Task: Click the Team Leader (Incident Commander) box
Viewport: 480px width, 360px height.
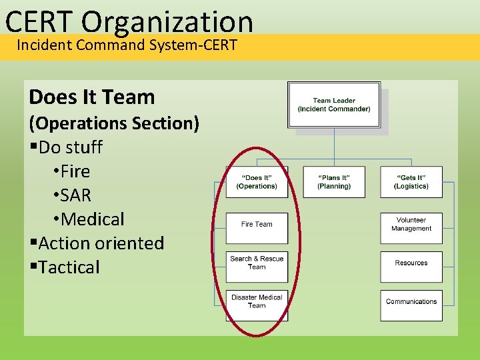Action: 334,105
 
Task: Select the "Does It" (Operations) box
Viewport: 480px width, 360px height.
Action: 257,182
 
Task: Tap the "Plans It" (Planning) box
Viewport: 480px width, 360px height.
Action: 334,182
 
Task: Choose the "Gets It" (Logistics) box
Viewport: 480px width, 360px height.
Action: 411,182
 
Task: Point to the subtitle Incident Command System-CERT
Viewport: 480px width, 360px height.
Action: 127,46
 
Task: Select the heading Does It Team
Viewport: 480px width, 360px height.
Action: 92,97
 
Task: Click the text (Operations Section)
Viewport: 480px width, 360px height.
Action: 113,123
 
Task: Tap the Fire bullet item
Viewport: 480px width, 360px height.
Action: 75,171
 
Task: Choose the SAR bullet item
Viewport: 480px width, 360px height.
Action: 75,195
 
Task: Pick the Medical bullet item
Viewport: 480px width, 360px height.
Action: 92,219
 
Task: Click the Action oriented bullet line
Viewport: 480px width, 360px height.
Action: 101,243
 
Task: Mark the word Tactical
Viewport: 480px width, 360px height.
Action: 69,267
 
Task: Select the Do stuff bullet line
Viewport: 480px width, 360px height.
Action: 70,147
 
